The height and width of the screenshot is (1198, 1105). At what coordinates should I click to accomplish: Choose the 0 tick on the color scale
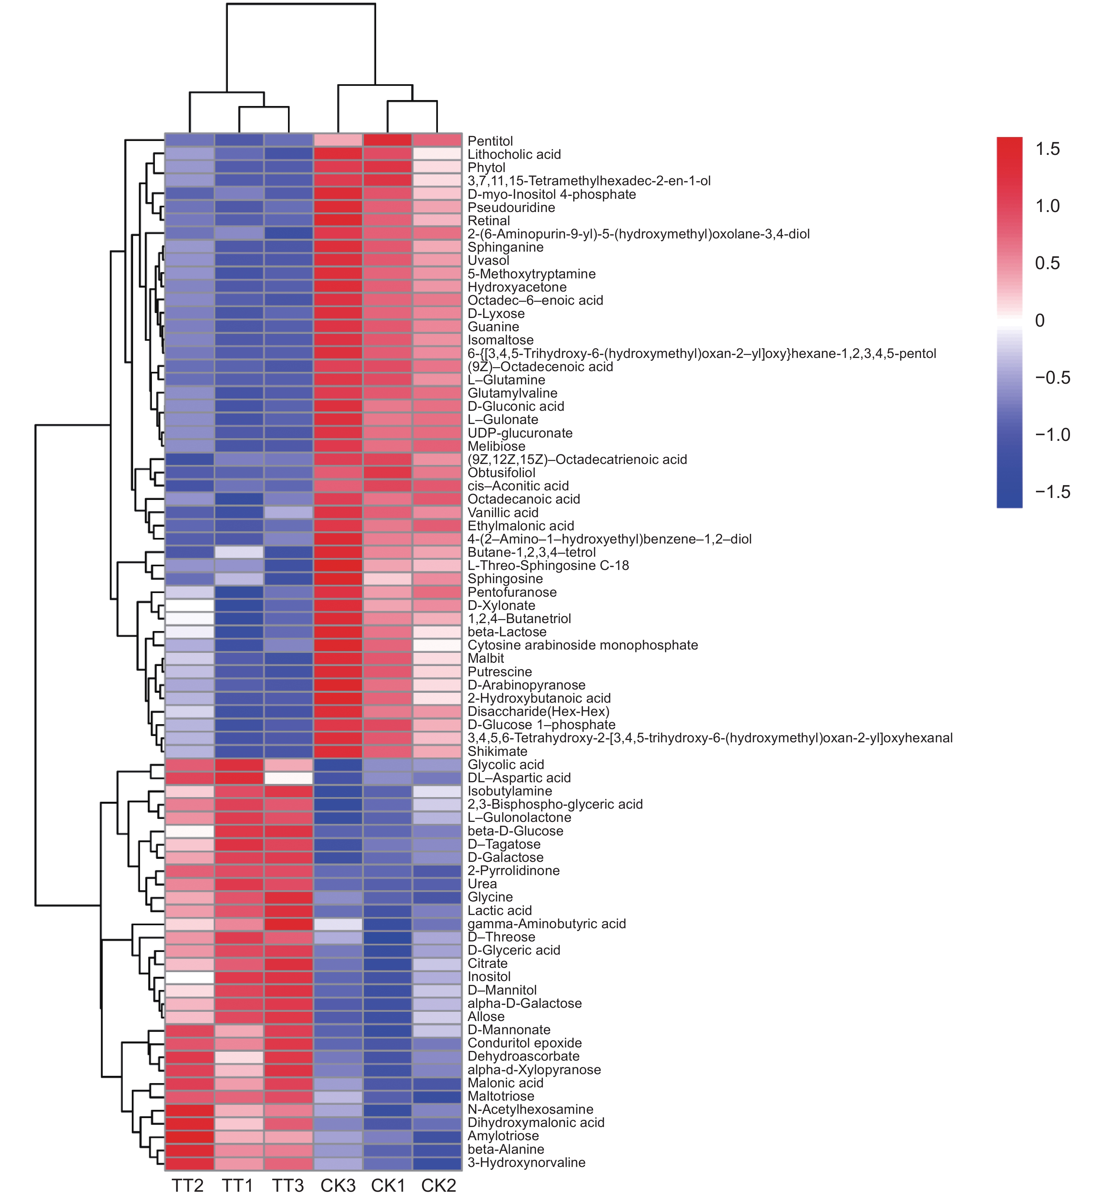(1040, 320)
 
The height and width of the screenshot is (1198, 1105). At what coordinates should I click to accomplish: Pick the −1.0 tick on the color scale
(1052, 435)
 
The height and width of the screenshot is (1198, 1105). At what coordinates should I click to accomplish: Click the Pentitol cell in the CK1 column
(387, 140)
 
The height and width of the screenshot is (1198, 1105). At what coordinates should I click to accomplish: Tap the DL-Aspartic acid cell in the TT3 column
(288, 778)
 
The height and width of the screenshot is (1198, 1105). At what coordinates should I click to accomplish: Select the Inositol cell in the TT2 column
(189, 977)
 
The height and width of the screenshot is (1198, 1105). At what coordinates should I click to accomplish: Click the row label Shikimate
(497, 752)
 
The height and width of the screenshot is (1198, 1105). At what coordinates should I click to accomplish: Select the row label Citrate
(487, 964)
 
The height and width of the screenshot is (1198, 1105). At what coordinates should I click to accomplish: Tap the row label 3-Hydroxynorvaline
(526, 1163)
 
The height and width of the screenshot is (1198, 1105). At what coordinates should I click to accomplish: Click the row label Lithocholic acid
(514, 154)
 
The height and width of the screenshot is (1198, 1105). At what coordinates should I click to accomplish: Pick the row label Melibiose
(496, 446)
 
